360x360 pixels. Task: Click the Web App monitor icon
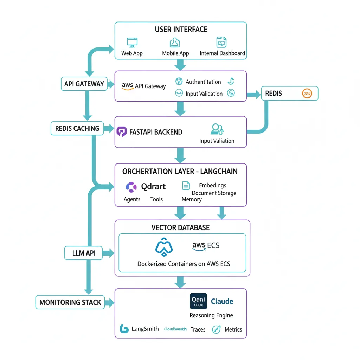[x=132, y=43]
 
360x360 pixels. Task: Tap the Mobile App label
[x=175, y=53]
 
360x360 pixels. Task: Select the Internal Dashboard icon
[x=221, y=42]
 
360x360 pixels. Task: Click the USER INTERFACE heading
[x=181, y=30]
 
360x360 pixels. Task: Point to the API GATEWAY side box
[x=84, y=84]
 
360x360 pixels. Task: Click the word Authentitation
[x=203, y=82]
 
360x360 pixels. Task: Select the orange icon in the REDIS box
[x=307, y=94]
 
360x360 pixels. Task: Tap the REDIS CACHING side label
[x=77, y=129]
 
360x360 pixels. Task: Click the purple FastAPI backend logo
[x=121, y=132]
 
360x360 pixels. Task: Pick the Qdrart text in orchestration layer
[x=153, y=186]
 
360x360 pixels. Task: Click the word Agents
[x=132, y=199]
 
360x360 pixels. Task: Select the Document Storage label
[x=214, y=193]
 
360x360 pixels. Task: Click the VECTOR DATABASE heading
[x=180, y=227]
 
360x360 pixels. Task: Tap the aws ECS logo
[x=206, y=246]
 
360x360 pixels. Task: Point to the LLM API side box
[x=83, y=253]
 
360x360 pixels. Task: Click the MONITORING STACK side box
[x=70, y=302]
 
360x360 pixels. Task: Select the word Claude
[x=222, y=301]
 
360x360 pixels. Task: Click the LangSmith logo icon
[x=124, y=329]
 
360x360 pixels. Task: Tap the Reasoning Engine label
[x=211, y=315]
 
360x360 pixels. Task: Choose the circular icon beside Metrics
[x=216, y=329]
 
